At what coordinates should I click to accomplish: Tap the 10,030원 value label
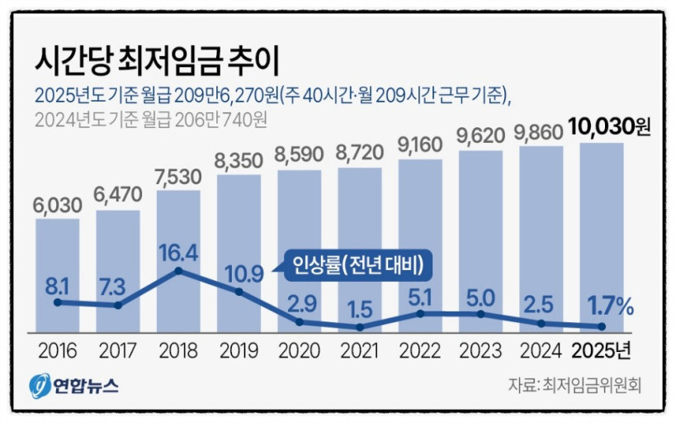click(x=607, y=128)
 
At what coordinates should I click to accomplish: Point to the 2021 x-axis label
click(x=359, y=351)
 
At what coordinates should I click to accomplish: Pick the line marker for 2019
click(x=239, y=292)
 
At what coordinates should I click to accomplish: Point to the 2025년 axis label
click(x=602, y=351)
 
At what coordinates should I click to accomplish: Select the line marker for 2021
click(x=360, y=327)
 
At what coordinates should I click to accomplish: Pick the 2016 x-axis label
click(x=57, y=351)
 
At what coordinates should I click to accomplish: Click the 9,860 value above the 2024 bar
click(x=541, y=131)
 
